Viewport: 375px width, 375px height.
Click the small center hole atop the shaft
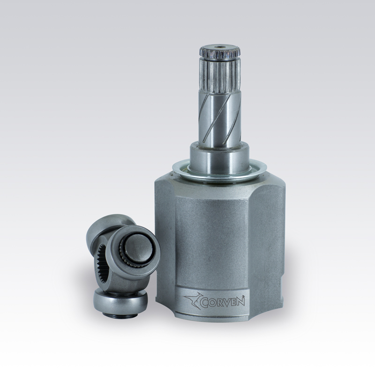pyautogui.click(x=219, y=47)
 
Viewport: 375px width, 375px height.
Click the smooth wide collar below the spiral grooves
pyautogui.click(x=219, y=158)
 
